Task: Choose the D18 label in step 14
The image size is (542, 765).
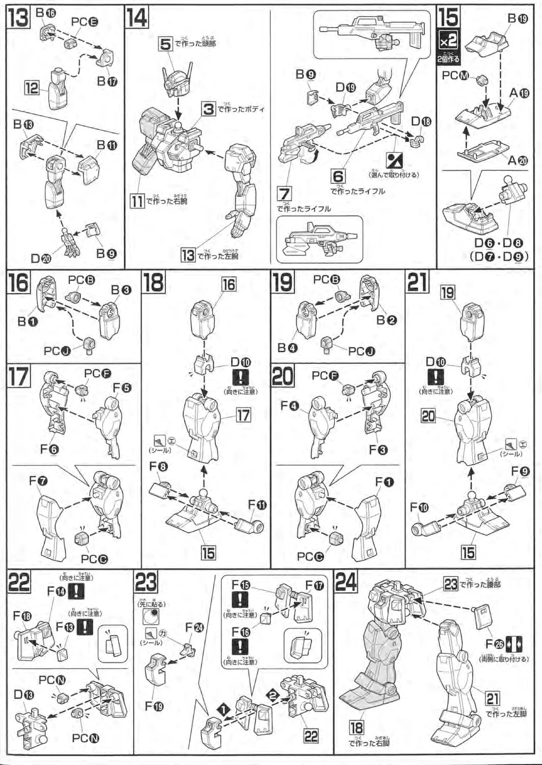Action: tap(421, 121)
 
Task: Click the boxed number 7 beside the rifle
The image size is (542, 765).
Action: tap(285, 194)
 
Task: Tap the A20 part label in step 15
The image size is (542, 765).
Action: tap(518, 160)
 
